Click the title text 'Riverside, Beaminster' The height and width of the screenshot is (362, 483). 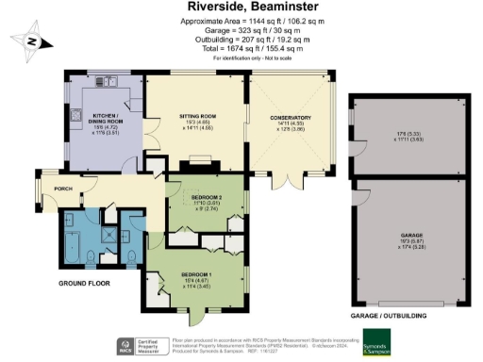pos(242,8)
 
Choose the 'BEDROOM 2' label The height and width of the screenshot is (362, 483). pos(208,197)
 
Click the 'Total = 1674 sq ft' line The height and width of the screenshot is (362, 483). pos(242,48)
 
